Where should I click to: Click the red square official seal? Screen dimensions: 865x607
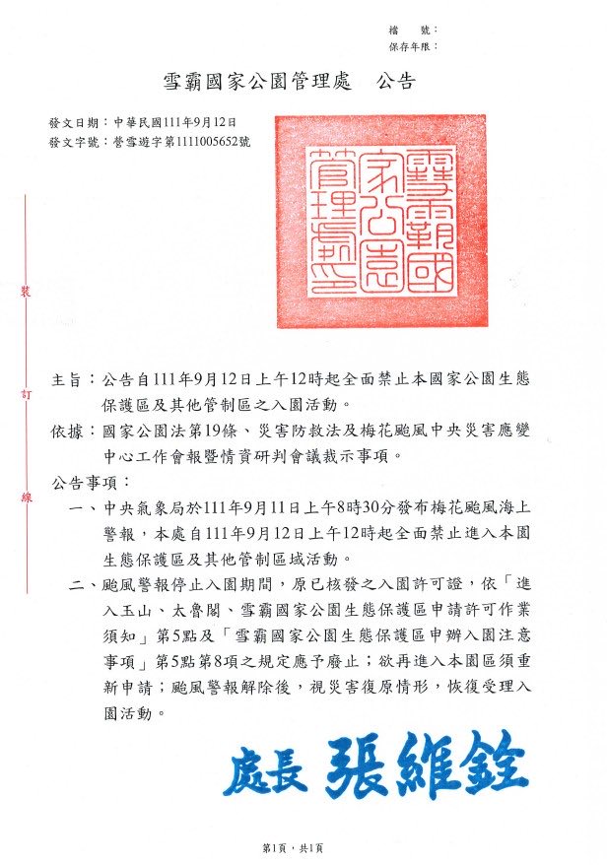380,221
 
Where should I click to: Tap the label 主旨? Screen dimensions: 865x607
68,379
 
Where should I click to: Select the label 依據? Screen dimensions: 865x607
68,432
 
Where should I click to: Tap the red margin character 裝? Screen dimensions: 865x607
27,291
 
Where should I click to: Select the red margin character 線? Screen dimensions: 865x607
27,499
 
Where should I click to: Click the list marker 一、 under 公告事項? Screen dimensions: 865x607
84,509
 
